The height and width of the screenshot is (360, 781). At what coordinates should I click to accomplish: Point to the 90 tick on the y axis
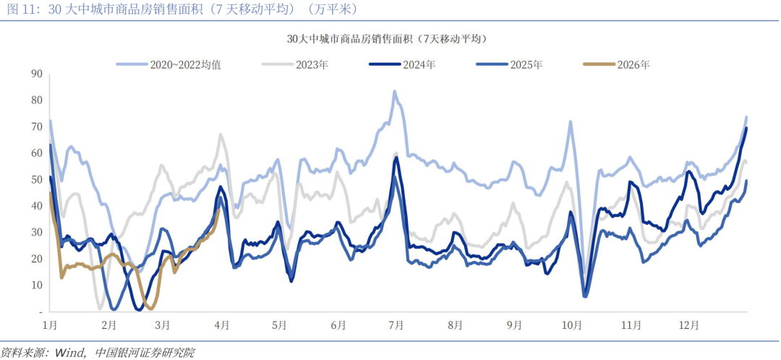click(37, 74)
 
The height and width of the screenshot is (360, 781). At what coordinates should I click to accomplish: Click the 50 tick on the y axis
click(37, 179)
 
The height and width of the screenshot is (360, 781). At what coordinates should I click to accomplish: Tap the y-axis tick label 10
click(37, 285)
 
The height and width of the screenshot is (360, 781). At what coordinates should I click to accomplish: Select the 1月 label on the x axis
click(50, 325)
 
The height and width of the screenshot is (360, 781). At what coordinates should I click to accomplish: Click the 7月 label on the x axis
click(396, 325)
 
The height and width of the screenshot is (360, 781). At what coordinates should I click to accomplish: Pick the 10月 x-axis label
click(576, 325)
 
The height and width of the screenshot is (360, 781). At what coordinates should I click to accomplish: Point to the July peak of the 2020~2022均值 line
click(394, 92)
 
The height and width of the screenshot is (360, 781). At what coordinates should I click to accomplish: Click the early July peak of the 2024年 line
click(396, 158)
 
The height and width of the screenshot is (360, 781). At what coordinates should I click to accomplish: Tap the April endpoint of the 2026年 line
click(218, 210)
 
